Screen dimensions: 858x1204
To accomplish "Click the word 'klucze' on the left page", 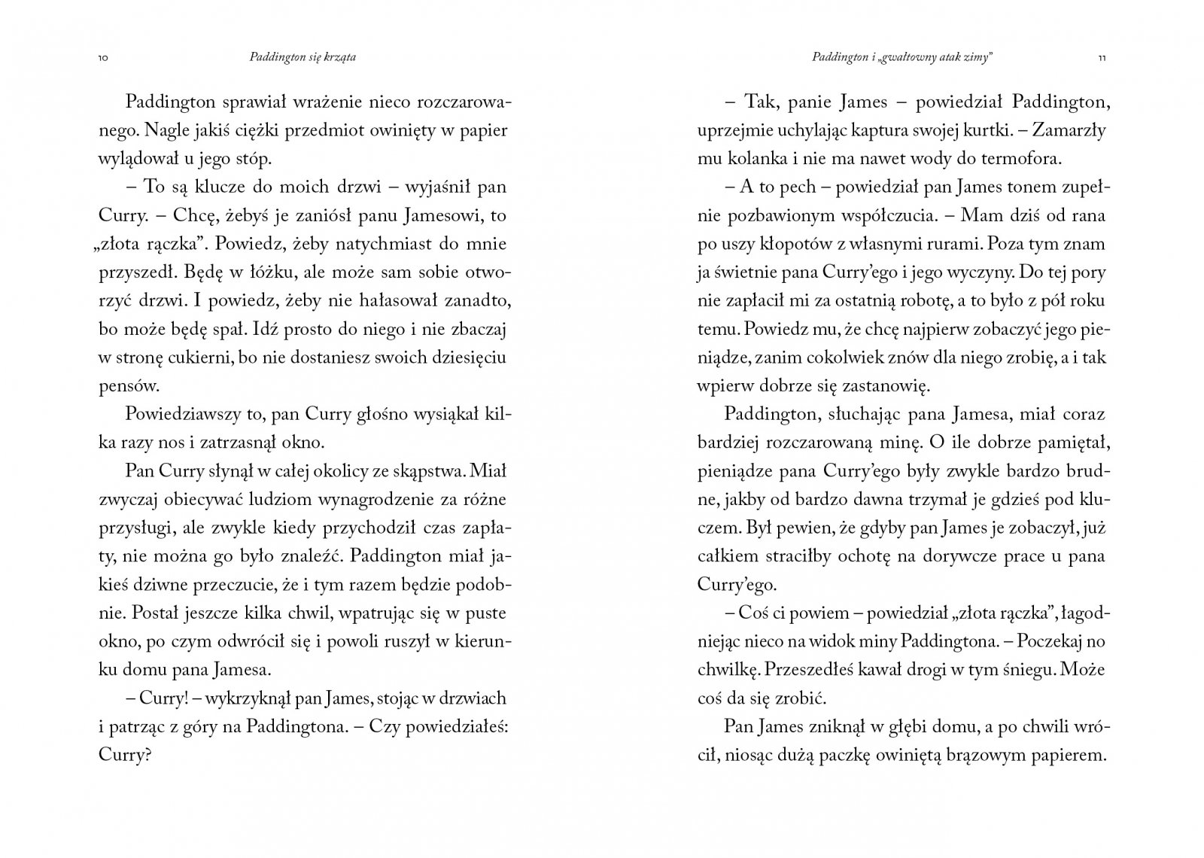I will (x=221, y=187).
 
